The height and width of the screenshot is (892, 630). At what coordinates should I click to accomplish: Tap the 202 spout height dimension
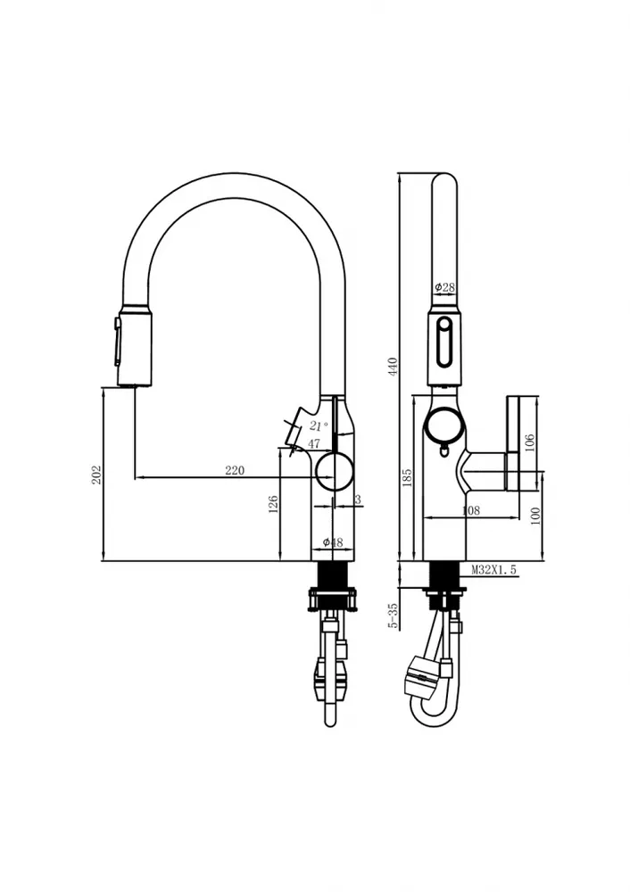pos(96,475)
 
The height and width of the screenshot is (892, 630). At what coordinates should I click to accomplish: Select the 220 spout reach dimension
pos(235,470)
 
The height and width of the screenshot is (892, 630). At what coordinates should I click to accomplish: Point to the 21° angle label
pos(319,425)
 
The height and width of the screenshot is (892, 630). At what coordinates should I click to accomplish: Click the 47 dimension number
pos(313,443)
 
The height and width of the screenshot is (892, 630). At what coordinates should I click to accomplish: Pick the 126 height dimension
pos(273,505)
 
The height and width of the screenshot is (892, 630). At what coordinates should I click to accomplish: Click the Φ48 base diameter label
pos(333,542)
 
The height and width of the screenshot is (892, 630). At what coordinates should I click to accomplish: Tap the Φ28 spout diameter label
pos(445,287)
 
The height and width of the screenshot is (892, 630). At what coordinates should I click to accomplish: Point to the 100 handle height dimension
pos(535,516)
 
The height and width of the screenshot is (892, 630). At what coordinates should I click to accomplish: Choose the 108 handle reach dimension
pos(470,510)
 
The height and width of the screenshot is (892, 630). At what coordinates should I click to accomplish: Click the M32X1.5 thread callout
pos(494,569)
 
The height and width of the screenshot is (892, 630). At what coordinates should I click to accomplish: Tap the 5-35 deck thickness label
pos(393,615)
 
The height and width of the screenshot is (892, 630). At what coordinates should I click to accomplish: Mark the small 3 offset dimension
pos(358,500)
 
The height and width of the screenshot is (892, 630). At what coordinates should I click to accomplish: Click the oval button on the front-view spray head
pos(444,343)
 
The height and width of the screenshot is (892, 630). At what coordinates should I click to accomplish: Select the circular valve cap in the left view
pos(335,472)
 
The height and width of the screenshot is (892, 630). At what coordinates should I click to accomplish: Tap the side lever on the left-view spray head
pos(118,342)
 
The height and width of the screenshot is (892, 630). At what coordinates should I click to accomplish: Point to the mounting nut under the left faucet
pos(334,600)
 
